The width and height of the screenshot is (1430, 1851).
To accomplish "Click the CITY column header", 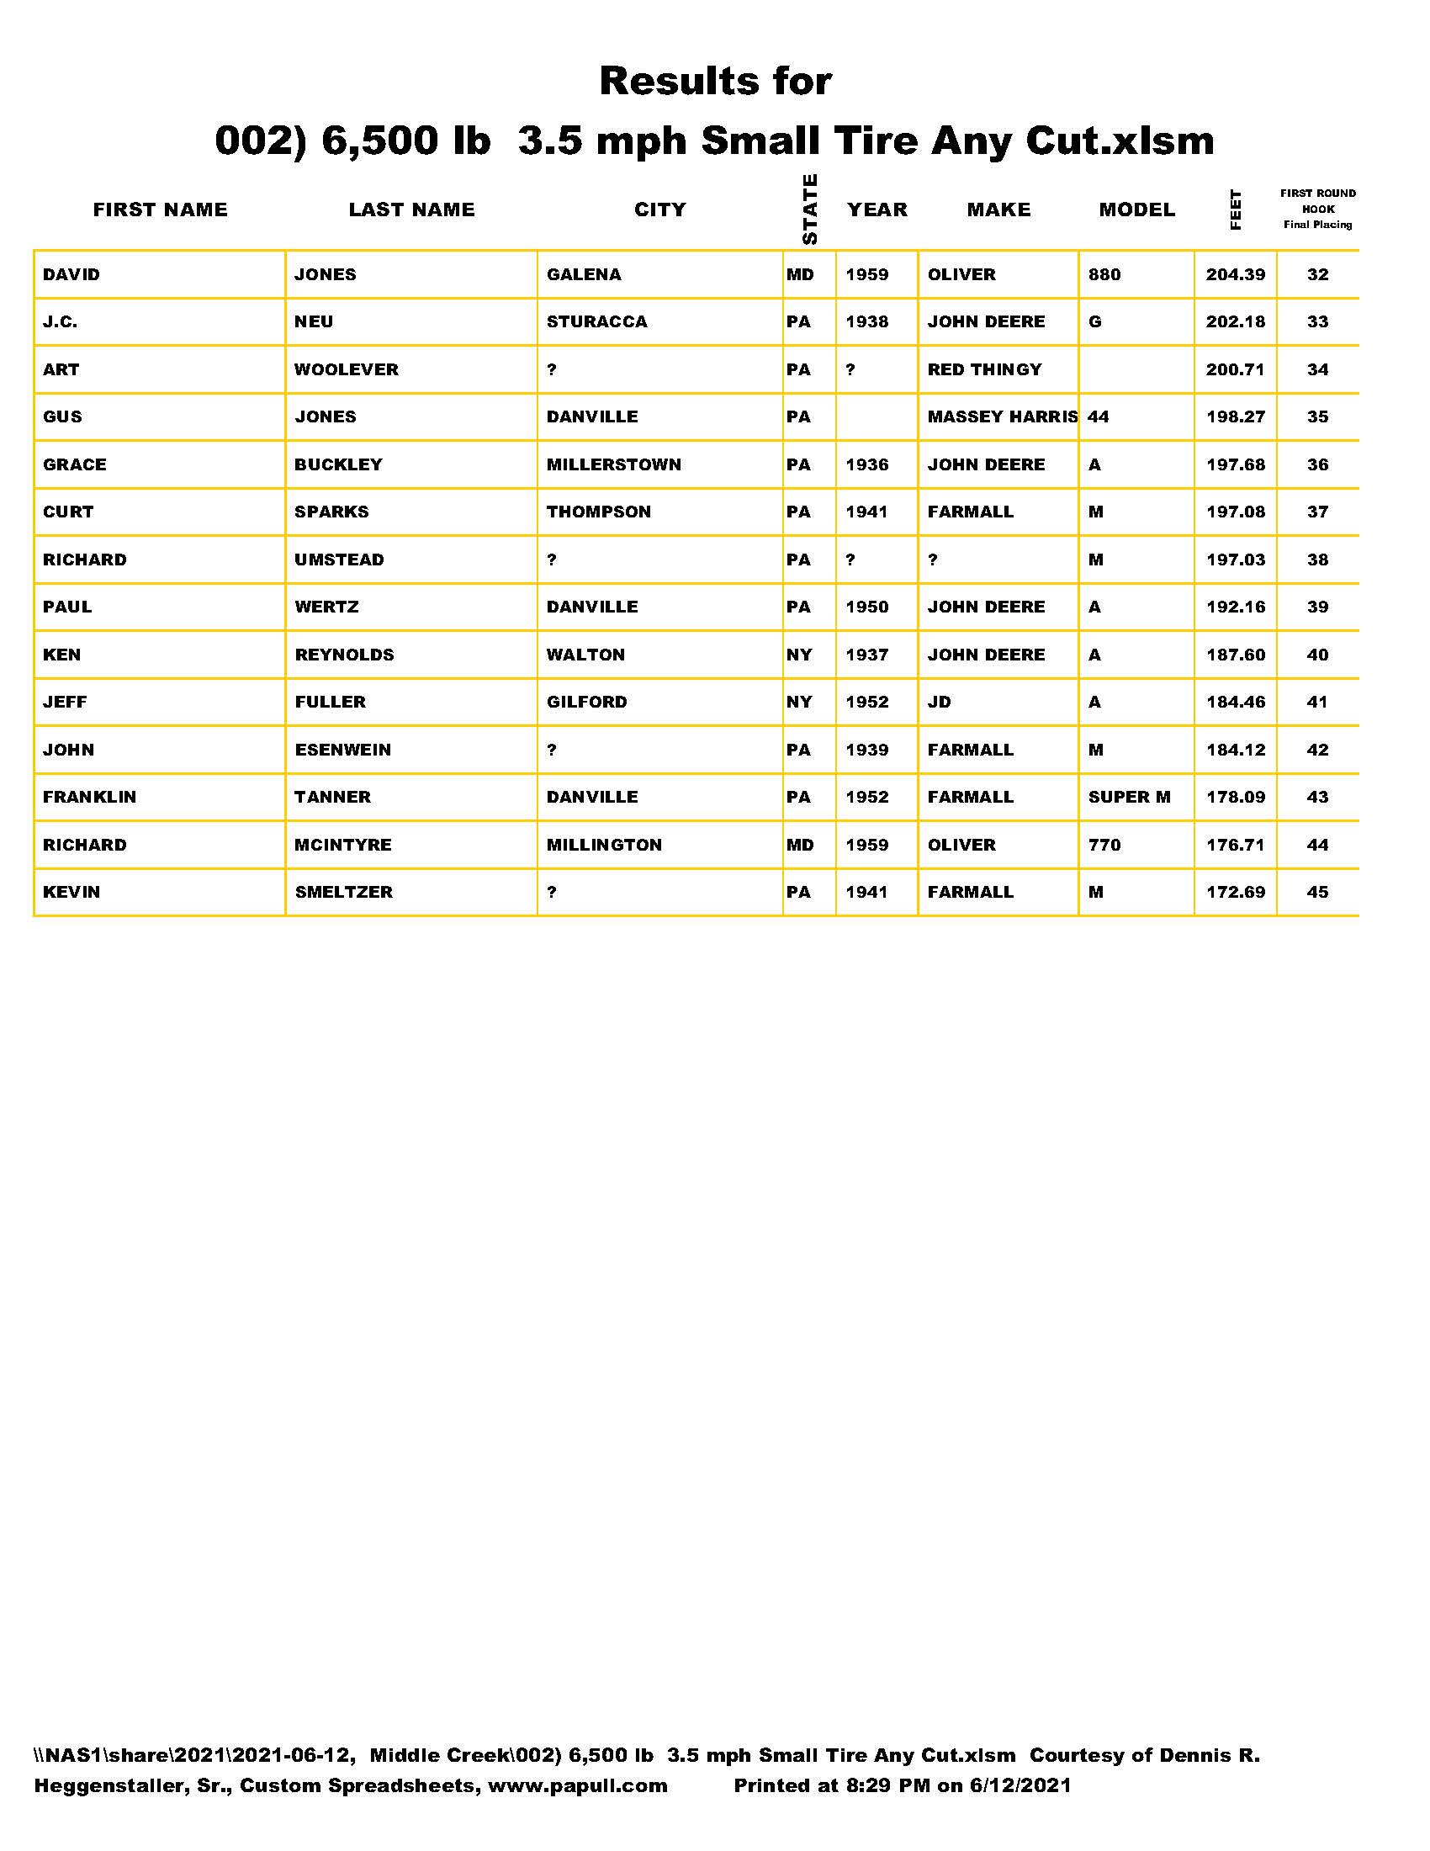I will (x=659, y=209).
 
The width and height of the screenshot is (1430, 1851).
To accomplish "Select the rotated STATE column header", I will (x=809, y=209).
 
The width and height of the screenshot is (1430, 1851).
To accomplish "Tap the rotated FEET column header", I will (x=1235, y=209).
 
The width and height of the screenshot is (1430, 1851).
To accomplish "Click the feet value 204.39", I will (x=1235, y=274).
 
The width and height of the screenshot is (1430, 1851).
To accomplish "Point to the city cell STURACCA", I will (x=596, y=322).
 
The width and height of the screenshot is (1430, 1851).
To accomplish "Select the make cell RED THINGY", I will (x=983, y=369).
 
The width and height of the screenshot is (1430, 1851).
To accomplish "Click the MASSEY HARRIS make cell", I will (x=1001, y=417).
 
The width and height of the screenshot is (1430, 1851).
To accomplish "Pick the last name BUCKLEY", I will (x=338, y=464).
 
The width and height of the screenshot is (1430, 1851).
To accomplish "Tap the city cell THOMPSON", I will (x=598, y=512).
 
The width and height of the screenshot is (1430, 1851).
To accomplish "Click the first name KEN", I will (x=62, y=655).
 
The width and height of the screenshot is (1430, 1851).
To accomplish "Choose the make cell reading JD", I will (x=939, y=702).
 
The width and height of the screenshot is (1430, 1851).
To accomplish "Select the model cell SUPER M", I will (x=1128, y=797).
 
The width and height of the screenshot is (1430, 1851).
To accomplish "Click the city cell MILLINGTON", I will (x=604, y=845).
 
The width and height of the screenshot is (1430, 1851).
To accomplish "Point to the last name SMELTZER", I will (x=343, y=893).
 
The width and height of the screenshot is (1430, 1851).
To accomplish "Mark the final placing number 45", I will (x=1316, y=893).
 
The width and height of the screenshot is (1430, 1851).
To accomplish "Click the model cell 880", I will (x=1104, y=274).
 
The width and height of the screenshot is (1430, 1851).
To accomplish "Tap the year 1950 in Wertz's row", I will (x=866, y=607).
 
